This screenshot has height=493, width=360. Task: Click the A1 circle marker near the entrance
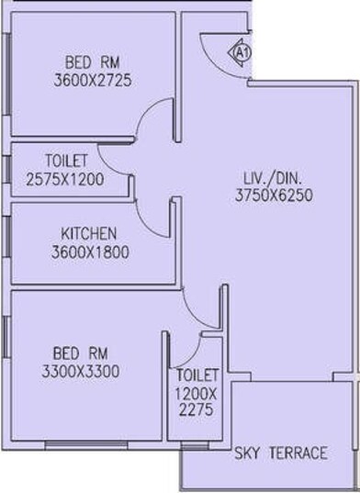[x=242, y=51]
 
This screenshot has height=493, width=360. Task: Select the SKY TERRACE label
[x=281, y=453]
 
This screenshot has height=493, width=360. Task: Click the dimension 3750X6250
[x=276, y=196]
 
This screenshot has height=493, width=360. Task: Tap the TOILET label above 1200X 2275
[x=197, y=375]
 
